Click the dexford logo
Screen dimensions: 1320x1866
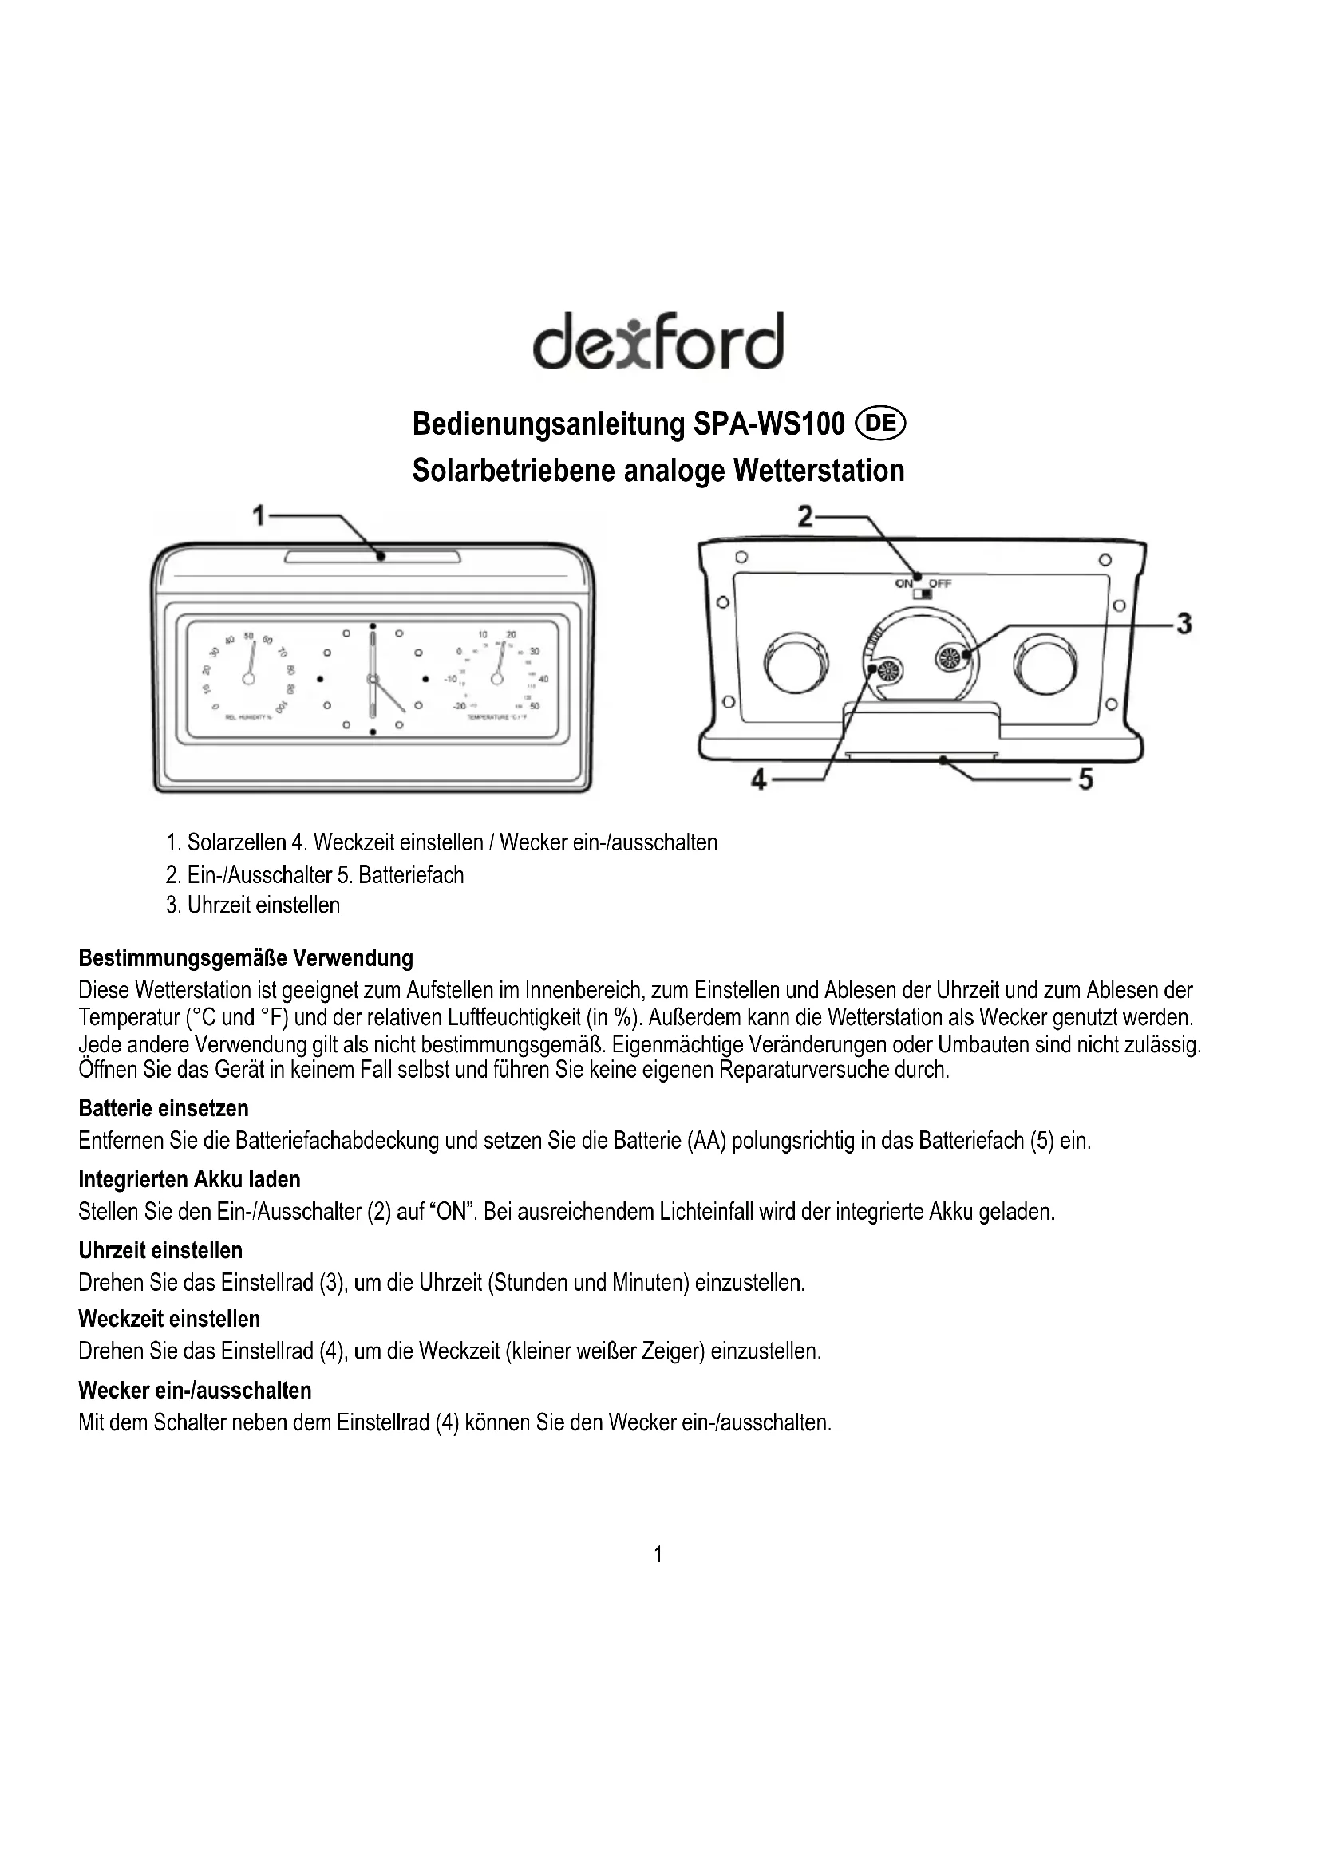pyautogui.click(x=658, y=341)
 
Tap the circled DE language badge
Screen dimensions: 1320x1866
pyautogui.click(x=882, y=424)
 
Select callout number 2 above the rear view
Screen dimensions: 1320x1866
pyautogui.click(x=804, y=516)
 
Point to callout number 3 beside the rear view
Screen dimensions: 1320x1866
pyautogui.click(x=1184, y=624)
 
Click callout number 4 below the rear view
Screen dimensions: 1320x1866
pyautogui.click(x=758, y=780)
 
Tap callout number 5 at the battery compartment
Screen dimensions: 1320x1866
pyautogui.click(x=1085, y=779)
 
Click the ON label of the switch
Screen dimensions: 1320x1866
pyautogui.click(x=904, y=583)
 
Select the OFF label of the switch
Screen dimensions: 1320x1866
pyautogui.click(x=939, y=583)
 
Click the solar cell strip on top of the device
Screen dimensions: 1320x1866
pyautogui.click(x=372, y=558)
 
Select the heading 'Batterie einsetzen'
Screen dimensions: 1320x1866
pyautogui.click(x=164, y=1109)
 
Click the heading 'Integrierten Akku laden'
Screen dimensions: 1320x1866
pyautogui.click(x=189, y=1179)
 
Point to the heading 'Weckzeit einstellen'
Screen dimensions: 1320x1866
pyautogui.click(x=169, y=1319)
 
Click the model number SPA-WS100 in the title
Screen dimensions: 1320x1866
pyautogui.click(x=769, y=424)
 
